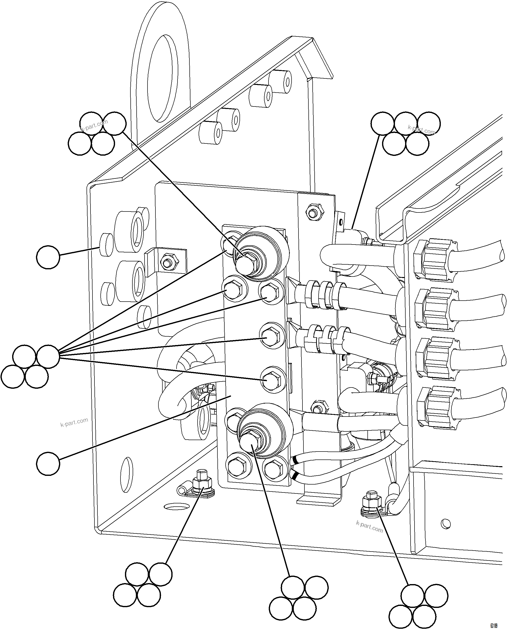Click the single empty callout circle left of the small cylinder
pos(48,257)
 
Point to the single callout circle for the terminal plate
pos(48,464)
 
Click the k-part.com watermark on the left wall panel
pos(74,422)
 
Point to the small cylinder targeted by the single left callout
pos(106,245)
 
